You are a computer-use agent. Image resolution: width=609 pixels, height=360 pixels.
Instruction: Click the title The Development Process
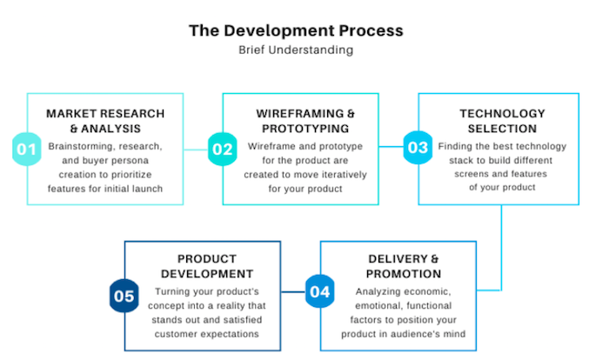(296, 31)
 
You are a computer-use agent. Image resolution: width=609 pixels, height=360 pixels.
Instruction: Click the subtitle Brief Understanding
(296, 50)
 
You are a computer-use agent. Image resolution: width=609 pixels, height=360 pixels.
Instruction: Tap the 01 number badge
(27, 149)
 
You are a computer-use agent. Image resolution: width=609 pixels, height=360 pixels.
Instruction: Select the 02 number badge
(223, 149)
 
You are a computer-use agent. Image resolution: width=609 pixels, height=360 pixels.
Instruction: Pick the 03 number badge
(418, 148)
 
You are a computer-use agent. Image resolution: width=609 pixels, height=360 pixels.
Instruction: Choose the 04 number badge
(320, 291)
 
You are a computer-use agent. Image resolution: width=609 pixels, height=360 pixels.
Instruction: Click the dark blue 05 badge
(124, 297)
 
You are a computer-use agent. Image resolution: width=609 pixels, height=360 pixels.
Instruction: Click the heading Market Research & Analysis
(105, 121)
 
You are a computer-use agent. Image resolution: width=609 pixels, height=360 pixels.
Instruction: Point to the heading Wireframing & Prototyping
(305, 121)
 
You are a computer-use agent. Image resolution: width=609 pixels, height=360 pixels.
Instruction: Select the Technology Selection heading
(502, 121)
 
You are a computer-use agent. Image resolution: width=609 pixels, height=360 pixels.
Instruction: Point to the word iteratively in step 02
(341, 174)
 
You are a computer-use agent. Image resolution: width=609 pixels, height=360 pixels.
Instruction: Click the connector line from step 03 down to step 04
(502, 248)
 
